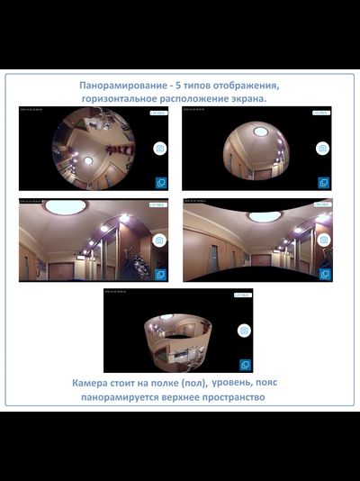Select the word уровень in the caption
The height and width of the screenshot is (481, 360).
[x=249, y=383]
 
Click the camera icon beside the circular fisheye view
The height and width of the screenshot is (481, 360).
[x=159, y=148]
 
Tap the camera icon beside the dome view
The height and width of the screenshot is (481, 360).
[x=322, y=148]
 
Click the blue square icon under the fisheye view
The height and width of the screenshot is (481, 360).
[x=160, y=182]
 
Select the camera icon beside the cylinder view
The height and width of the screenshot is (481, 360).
[x=243, y=331]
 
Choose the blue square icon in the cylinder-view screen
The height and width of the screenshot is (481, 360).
[x=244, y=365]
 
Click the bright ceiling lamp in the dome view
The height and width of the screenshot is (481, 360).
[x=260, y=132]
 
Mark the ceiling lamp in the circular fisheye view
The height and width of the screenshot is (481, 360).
[x=88, y=160]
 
